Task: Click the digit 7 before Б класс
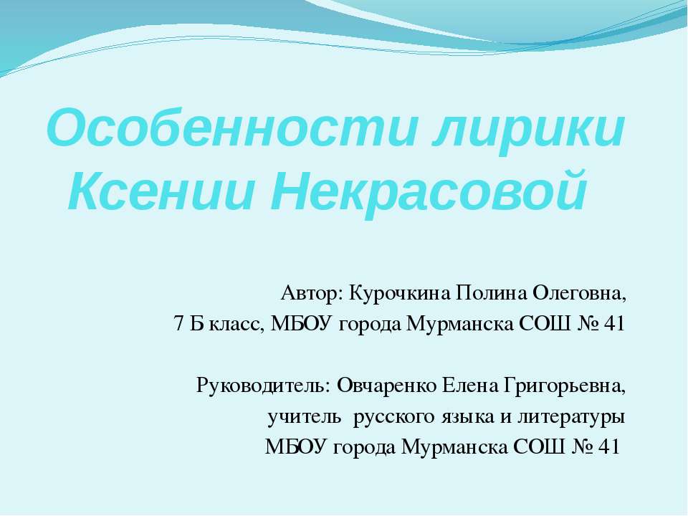pos(179,325)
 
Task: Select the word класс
pos(237,325)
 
